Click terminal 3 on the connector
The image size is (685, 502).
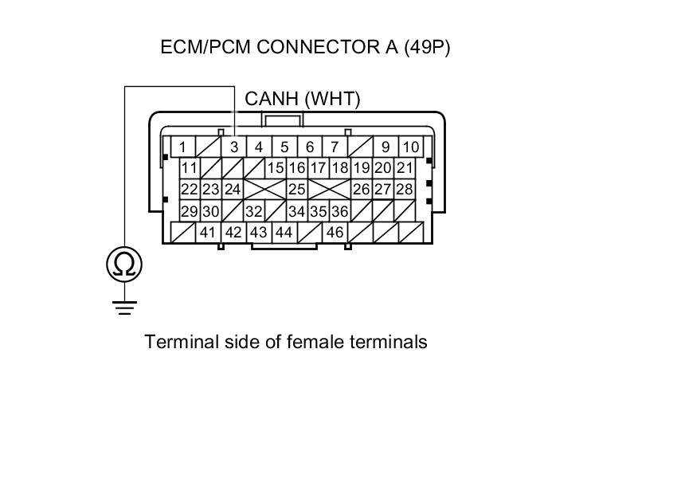pyautogui.click(x=234, y=147)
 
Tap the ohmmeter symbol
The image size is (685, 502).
pyautogui.click(x=124, y=264)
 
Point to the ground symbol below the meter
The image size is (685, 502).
pyautogui.click(x=124, y=306)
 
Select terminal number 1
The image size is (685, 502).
pyautogui.click(x=182, y=147)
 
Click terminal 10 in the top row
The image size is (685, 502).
pyautogui.click(x=410, y=147)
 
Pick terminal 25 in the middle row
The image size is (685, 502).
pyautogui.click(x=297, y=190)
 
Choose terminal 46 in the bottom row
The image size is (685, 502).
pyautogui.click(x=335, y=233)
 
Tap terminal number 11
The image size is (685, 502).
pyautogui.click(x=189, y=168)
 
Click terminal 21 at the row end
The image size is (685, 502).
pyautogui.click(x=405, y=168)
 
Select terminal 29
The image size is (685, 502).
pyautogui.click(x=189, y=211)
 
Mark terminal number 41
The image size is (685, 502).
pyautogui.click(x=208, y=233)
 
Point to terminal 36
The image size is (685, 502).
pyautogui.click(x=339, y=211)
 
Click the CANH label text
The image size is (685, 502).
pyautogui.click(x=272, y=99)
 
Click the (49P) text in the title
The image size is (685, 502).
pyautogui.click(x=427, y=47)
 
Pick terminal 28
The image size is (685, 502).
pyautogui.click(x=405, y=190)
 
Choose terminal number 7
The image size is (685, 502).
pyautogui.click(x=335, y=147)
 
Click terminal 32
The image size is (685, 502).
pyautogui.click(x=254, y=211)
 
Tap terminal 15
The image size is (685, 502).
pyautogui.click(x=276, y=168)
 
